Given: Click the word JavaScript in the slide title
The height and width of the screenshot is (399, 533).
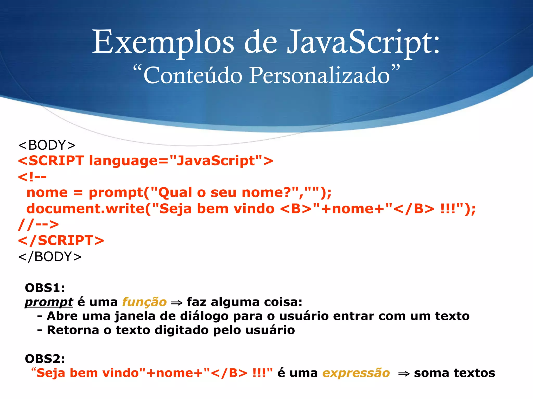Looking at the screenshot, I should (363, 42).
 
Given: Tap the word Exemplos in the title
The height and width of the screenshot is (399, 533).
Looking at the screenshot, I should (163, 42).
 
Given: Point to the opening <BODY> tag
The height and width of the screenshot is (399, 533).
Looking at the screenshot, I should (47, 145).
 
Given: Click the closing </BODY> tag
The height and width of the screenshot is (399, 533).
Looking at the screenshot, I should (50, 257).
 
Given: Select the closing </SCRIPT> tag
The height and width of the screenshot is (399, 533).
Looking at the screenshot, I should (61, 240).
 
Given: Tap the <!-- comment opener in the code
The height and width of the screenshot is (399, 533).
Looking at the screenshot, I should (32, 177).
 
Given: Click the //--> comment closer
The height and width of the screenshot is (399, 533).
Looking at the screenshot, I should (39, 224).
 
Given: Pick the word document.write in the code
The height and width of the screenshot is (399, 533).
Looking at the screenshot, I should (85, 209).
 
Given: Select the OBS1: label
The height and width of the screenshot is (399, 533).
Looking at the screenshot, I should (45, 288).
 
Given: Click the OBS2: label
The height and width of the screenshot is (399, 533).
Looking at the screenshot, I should (45, 359).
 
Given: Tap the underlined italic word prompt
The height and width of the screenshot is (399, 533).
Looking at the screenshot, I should (49, 302).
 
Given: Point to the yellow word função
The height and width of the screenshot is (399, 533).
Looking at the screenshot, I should (144, 302).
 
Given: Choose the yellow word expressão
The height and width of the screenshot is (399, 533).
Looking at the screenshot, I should (356, 373).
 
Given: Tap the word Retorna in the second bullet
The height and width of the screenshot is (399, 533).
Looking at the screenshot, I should (73, 330).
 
